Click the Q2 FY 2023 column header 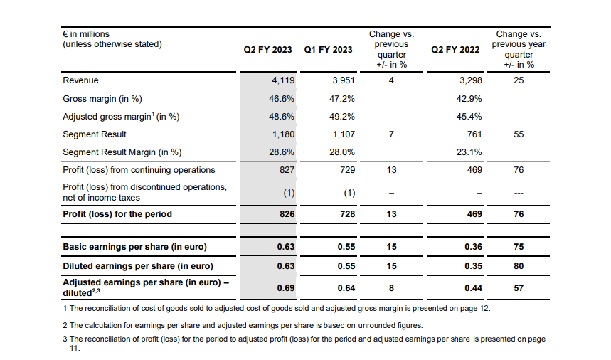[267, 50]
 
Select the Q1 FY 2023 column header [328, 50]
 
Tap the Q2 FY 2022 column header [455, 50]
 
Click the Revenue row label [80, 80]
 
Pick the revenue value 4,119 [283, 80]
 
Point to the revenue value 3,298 [471, 80]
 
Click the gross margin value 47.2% [342, 99]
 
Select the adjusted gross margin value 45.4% [469, 117]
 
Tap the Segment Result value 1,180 [283, 134]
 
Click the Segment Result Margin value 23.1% [469, 152]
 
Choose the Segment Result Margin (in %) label [122, 152]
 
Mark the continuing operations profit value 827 [287, 170]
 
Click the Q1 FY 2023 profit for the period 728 [348, 214]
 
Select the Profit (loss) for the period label [117, 214]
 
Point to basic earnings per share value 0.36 [474, 247]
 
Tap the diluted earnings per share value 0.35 [474, 266]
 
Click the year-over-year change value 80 [519, 266]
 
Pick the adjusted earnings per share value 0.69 [286, 288]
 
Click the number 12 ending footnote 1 [484, 308]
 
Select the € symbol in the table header [65, 34]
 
